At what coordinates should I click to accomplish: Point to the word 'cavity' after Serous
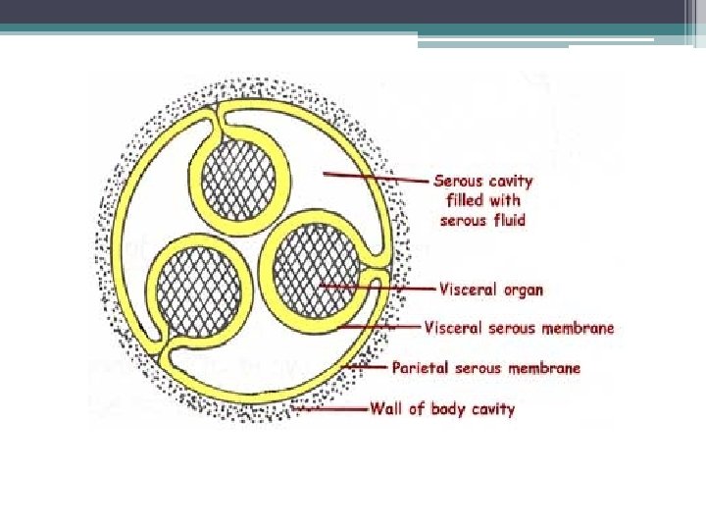pyautogui.click(x=511, y=181)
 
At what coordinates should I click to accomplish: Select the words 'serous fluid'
pyautogui.click(x=482, y=220)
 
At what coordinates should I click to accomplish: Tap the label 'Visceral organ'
pyautogui.click(x=491, y=290)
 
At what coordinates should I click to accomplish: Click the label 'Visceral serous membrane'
pyautogui.click(x=518, y=327)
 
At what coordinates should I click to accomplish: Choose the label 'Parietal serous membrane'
pyautogui.click(x=486, y=368)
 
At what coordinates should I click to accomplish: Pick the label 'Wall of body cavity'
pyautogui.click(x=442, y=408)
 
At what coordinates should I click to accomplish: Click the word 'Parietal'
pyautogui.click(x=421, y=368)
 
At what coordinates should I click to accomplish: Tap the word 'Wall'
pyautogui.click(x=385, y=408)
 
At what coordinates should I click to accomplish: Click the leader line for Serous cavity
pyautogui.click(x=378, y=177)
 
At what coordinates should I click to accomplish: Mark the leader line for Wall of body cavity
pyautogui.click(x=333, y=408)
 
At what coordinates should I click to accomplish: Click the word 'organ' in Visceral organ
pyautogui.click(x=521, y=291)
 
